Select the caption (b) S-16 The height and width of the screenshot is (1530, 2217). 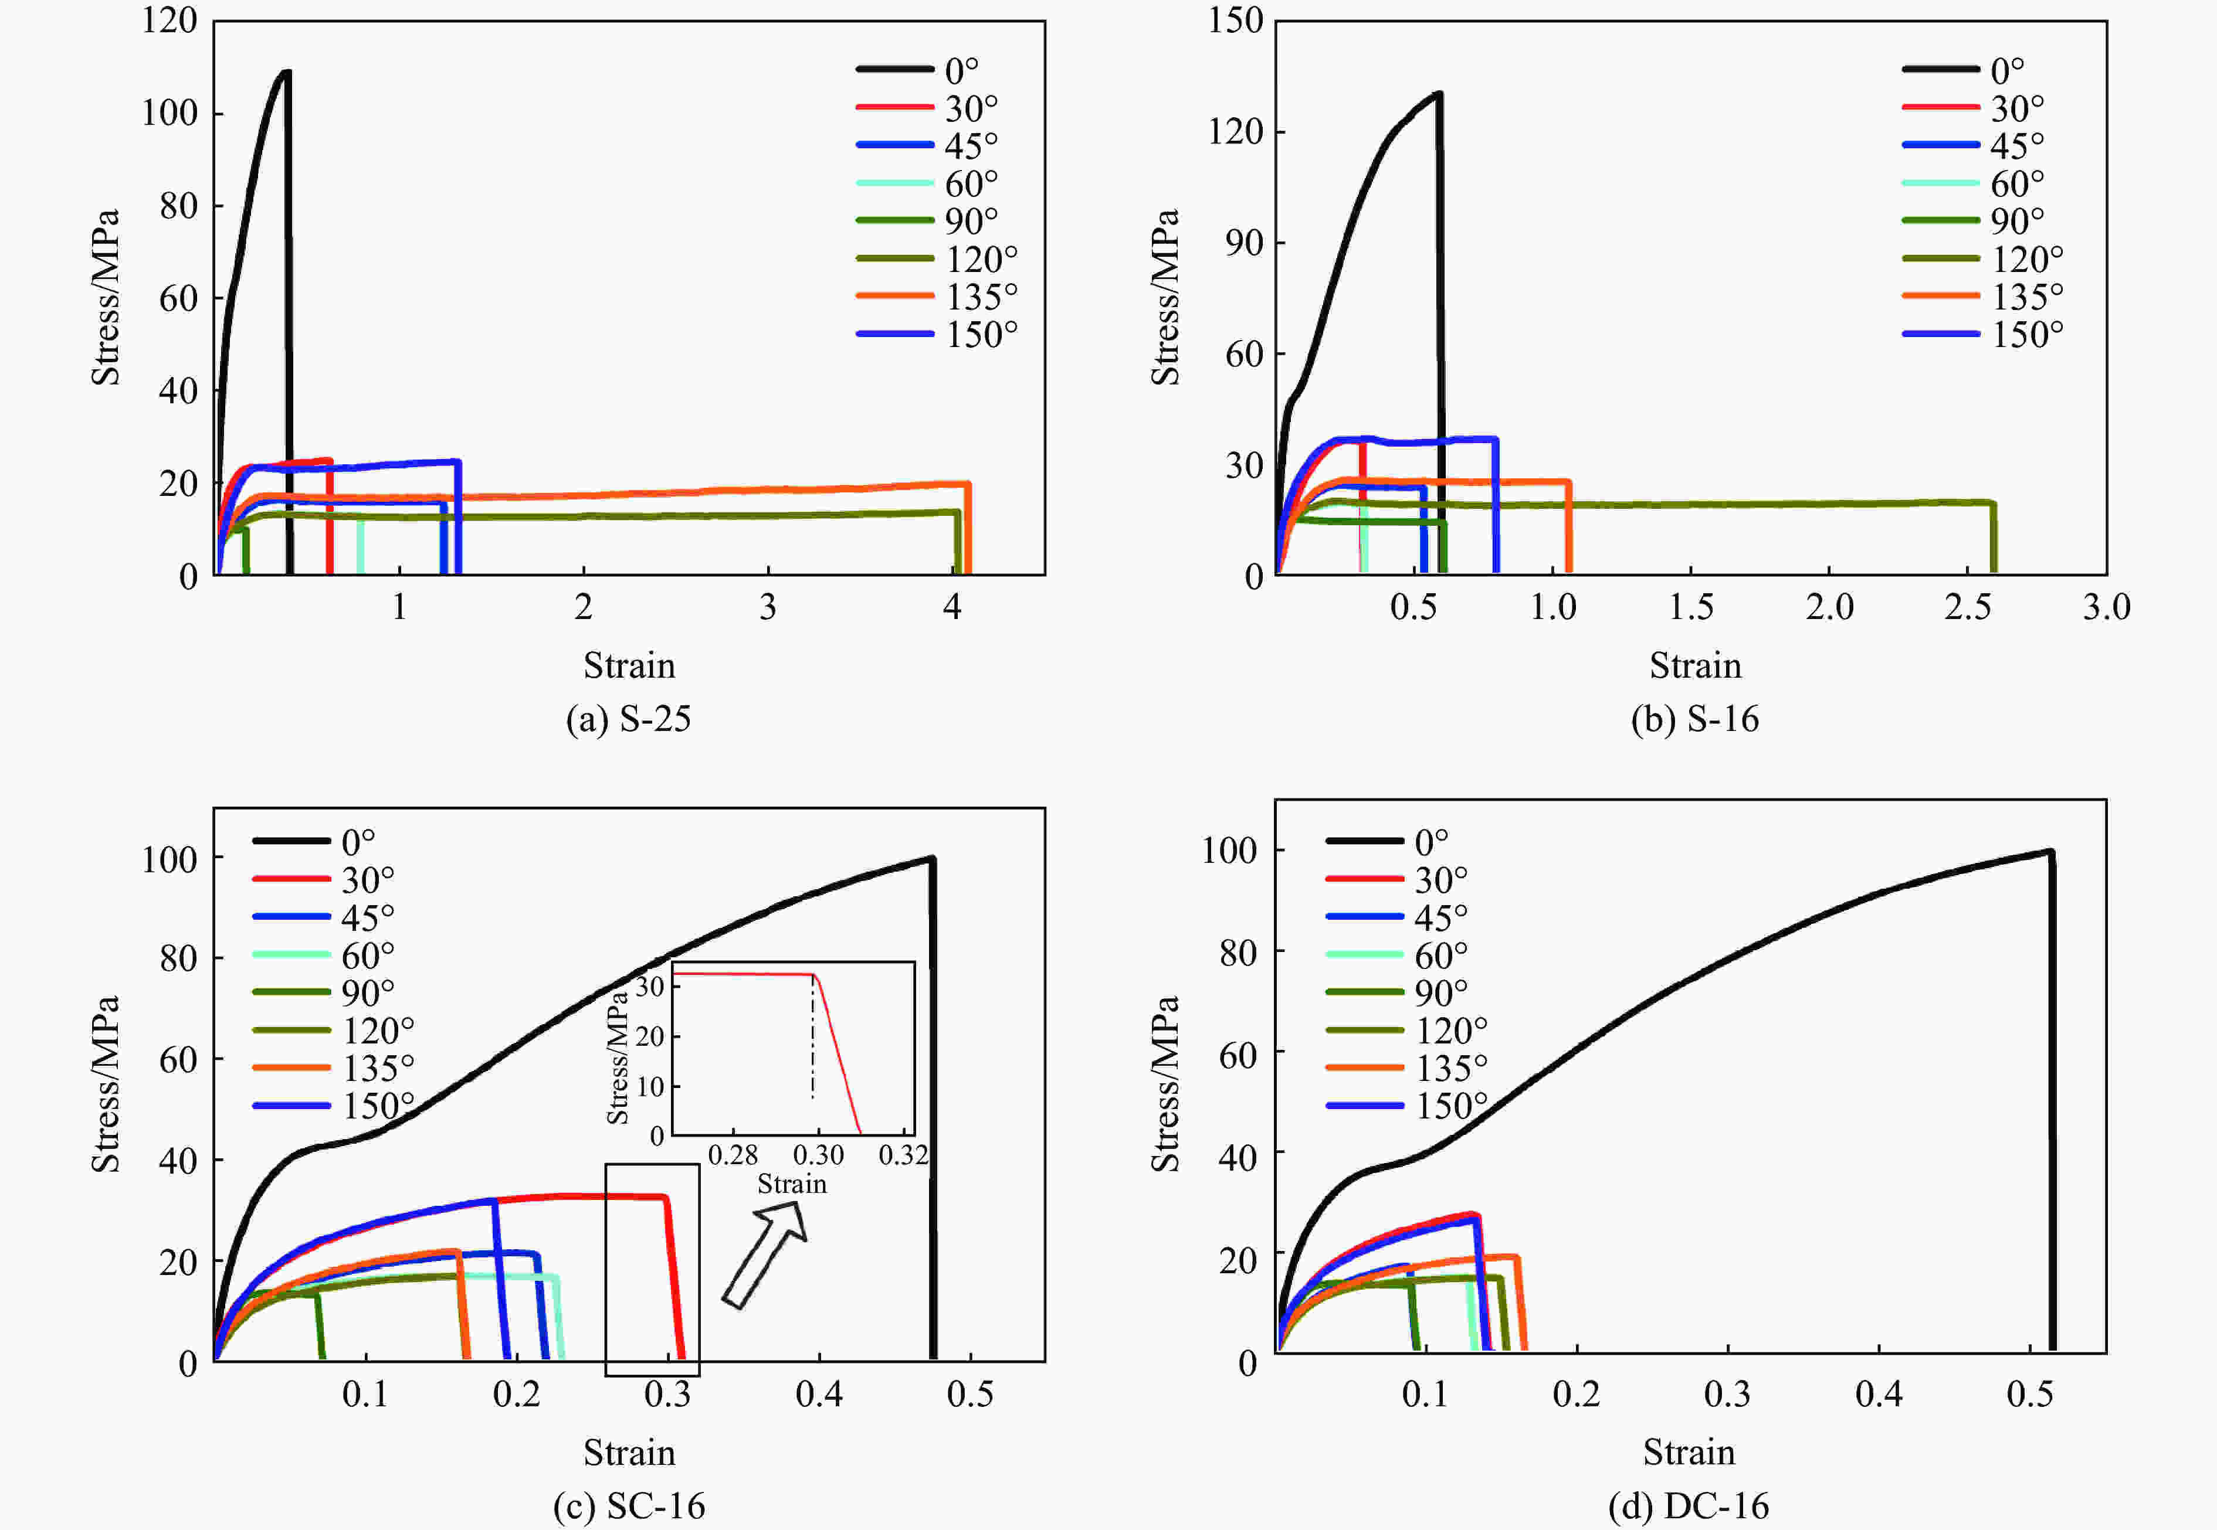click(x=1694, y=719)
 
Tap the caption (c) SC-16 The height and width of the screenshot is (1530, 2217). click(x=629, y=1506)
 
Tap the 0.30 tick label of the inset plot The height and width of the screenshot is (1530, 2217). click(x=818, y=1155)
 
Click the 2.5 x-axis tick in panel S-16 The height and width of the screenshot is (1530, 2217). click(x=1968, y=607)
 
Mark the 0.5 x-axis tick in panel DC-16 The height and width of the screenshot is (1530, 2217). click(x=2030, y=1394)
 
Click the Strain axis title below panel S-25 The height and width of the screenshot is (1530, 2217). click(x=629, y=665)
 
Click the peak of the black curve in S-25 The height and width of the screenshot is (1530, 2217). click(x=285, y=72)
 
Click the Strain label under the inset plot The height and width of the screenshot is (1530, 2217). click(x=792, y=1184)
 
